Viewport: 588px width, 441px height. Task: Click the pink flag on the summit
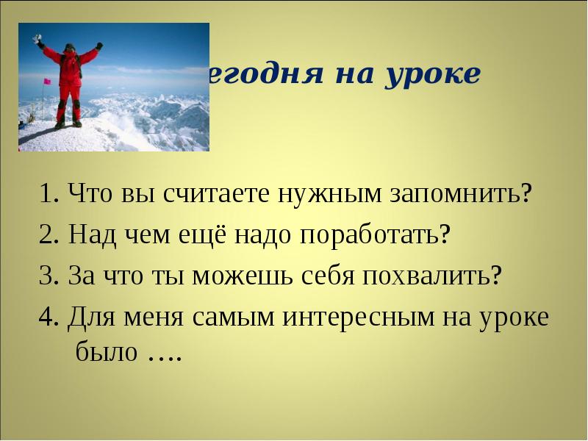tap(47, 81)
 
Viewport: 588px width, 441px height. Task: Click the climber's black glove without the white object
tap(99, 46)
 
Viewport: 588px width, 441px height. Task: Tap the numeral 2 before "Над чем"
tap(46, 237)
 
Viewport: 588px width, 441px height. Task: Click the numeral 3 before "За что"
tap(46, 277)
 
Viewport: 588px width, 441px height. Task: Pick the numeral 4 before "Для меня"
tap(46, 318)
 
